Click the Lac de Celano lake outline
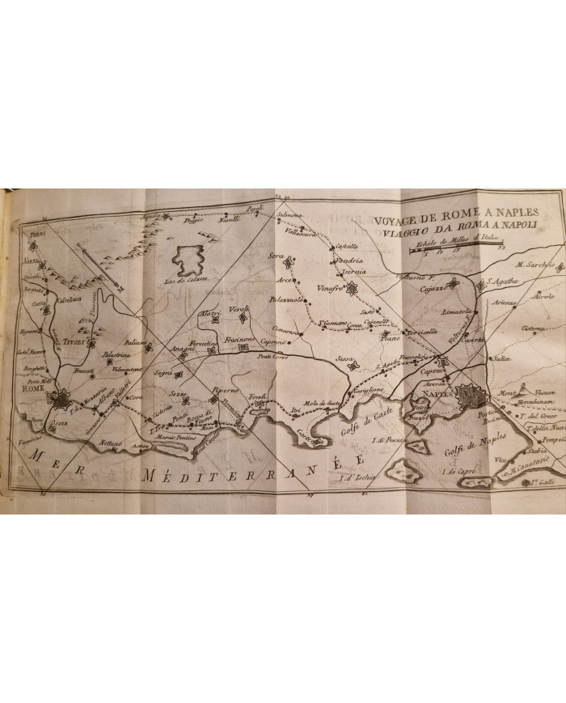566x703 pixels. click(x=190, y=259)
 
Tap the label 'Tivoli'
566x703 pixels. click(x=63, y=342)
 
